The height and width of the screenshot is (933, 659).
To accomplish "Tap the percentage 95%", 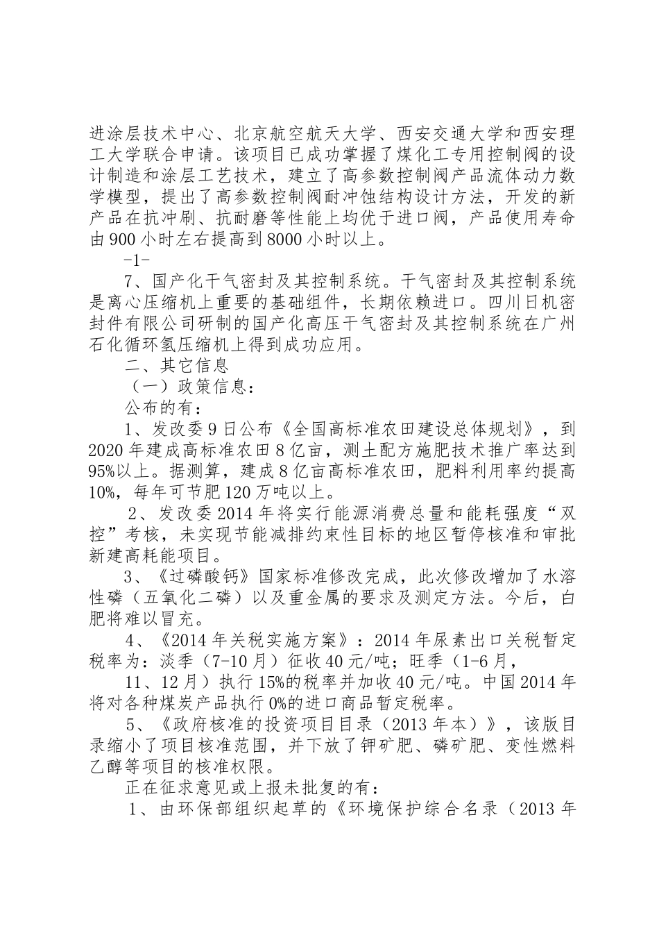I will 102,472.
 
